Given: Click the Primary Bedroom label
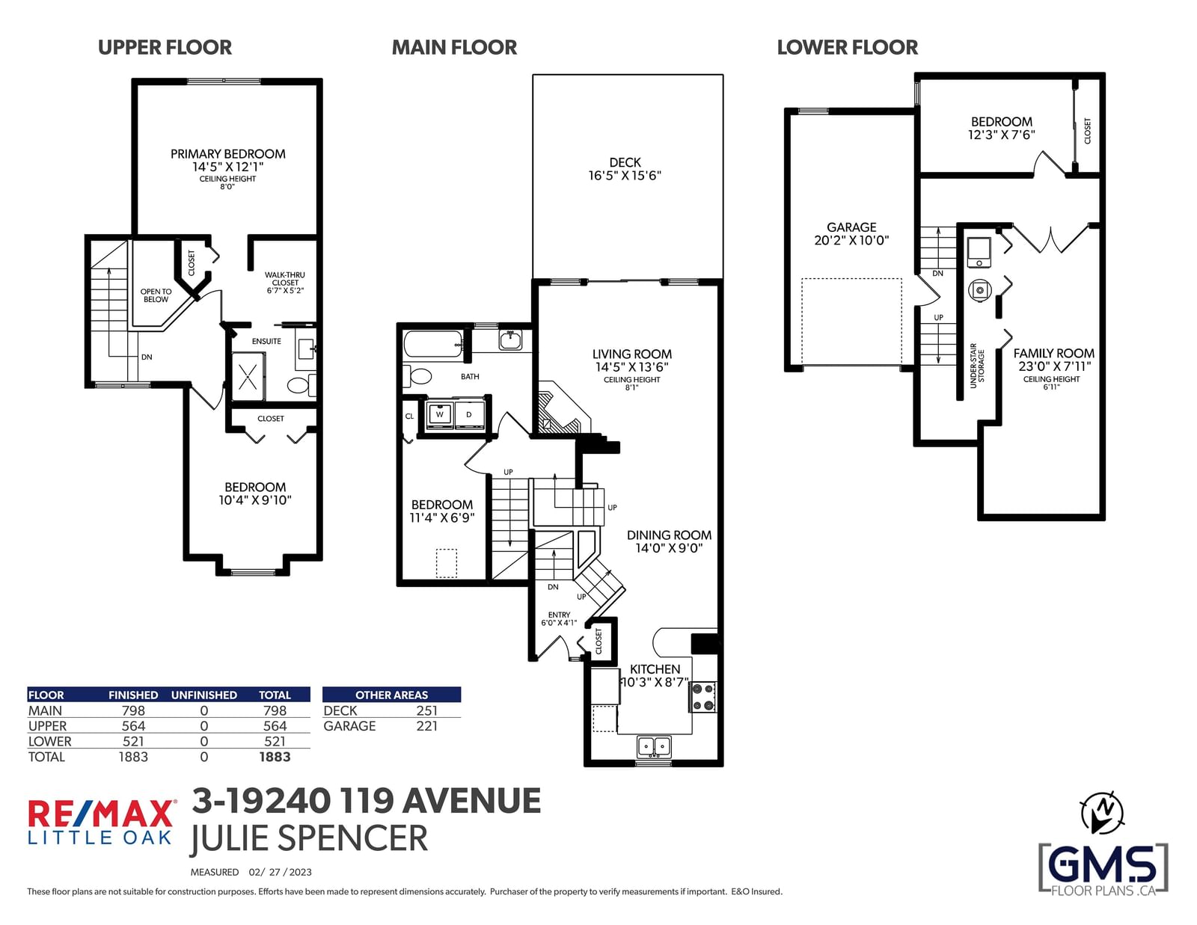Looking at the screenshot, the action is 227,154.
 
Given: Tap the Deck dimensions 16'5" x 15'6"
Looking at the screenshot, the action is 625,176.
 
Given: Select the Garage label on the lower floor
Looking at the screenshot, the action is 851,227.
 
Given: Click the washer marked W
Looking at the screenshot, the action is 440,414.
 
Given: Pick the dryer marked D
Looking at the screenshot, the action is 469,414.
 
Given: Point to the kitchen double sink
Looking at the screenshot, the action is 654,747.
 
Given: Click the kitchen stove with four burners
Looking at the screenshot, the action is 703,696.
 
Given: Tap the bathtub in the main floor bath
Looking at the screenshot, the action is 434,345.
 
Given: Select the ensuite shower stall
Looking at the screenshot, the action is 248,377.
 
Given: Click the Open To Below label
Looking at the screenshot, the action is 156,295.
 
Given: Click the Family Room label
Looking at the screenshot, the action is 1054,354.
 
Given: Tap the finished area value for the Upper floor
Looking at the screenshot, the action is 133,726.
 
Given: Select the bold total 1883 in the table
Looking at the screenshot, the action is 275,757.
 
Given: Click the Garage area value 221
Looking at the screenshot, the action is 427,726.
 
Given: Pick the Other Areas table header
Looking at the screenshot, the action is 392,695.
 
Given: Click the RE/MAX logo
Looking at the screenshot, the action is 101,822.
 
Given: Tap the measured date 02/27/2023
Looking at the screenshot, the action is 280,872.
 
